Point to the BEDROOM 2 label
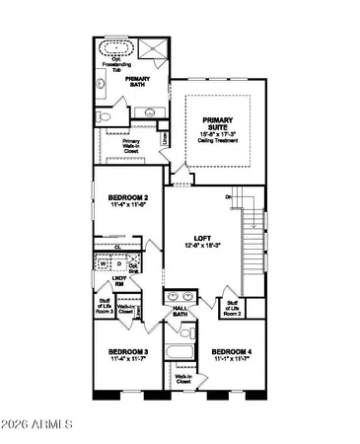(127, 200)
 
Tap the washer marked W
(103, 264)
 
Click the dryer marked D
(118, 264)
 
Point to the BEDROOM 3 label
(127, 354)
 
